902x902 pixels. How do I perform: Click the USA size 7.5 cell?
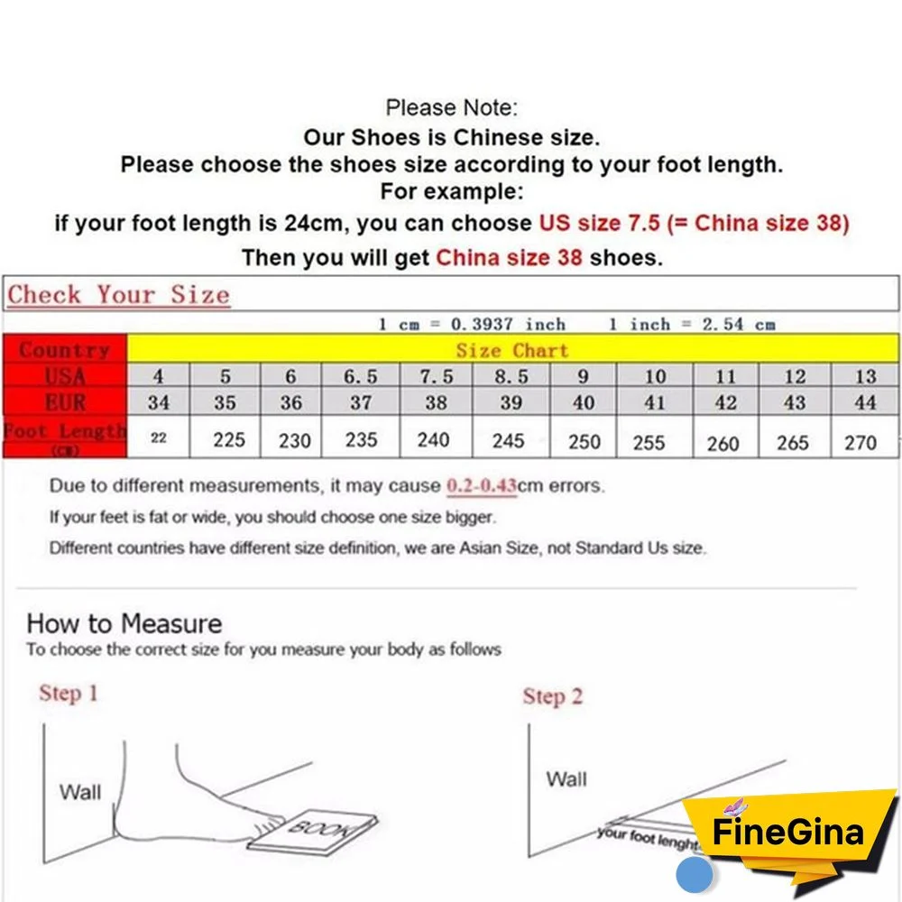pyautogui.click(x=436, y=377)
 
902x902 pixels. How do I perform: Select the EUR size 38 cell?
pyautogui.click(x=436, y=402)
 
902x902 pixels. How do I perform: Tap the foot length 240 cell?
pyautogui.click(x=433, y=440)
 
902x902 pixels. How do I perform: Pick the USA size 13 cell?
pyautogui.click(x=864, y=377)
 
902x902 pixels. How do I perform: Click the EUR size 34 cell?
pyautogui.click(x=159, y=402)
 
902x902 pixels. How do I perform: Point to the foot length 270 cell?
pyautogui.click(x=860, y=442)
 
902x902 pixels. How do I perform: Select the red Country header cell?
pyautogui.click(x=65, y=350)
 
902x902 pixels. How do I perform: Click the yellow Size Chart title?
pyautogui.click(x=512, y=350)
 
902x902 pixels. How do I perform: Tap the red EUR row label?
pyautogui.click(x=65, y=401)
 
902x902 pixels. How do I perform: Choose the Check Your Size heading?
pyautogui.click(x=119, y=295)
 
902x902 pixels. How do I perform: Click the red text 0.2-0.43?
pyautogui.click(x=482, y=486)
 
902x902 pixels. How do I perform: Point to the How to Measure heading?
pyautogui.click(x=124, y=623)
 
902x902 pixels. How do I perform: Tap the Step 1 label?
pyautogui.click(x=68, y=694)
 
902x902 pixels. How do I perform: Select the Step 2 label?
pyautogui.click(x=552, y=696)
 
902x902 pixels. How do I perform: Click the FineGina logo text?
pyautogui.click(x=787, y=832)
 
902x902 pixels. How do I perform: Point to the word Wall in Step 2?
pyautogui.click(x=566, y=778)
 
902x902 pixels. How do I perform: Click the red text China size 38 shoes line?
pyautogui.click(x=509, y=257)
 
